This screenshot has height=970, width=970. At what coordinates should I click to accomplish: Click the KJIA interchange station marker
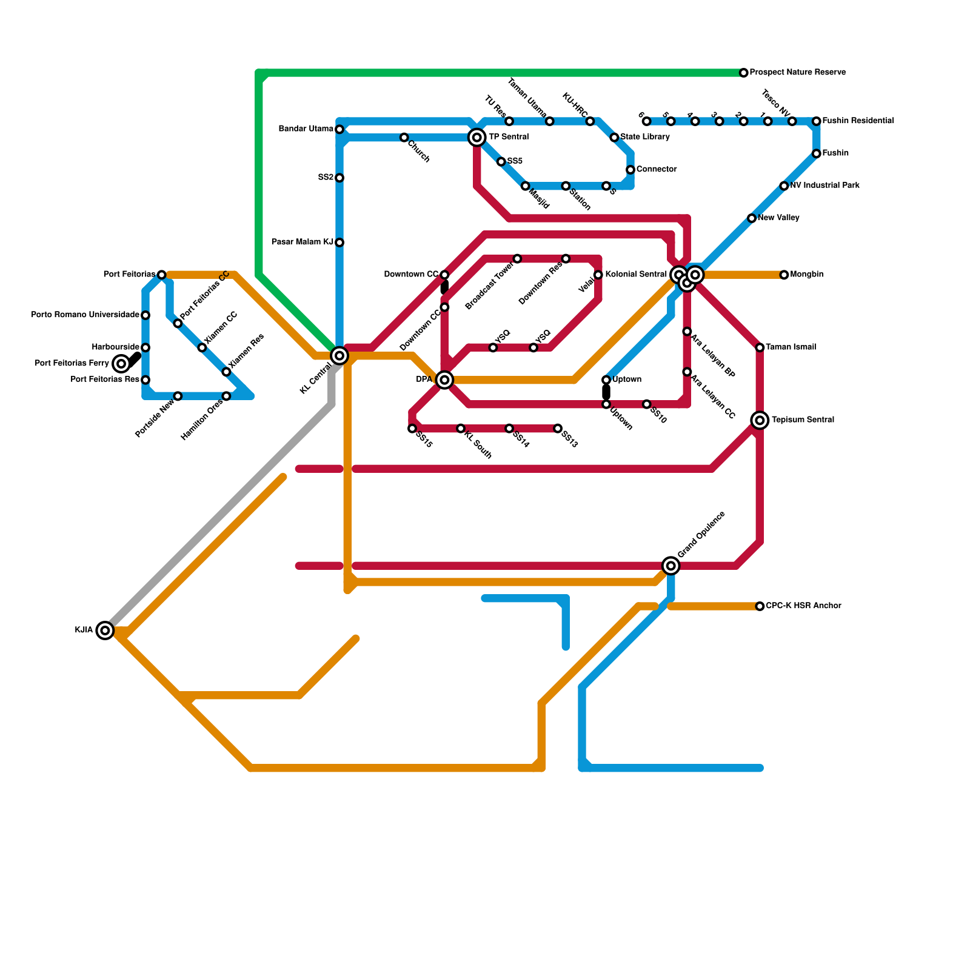pyautogui.click(x=105, y=630)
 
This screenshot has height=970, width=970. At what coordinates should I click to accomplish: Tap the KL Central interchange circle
pyautogui.click(x=339, y=355)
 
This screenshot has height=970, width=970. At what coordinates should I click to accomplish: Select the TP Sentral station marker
pyautogui.click(x=477, y=138)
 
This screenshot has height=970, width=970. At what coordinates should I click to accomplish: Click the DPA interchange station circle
pyautogui.click(x=444, y=380)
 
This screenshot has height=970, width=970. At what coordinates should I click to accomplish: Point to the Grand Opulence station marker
pyautogui.click(x=671, y=566)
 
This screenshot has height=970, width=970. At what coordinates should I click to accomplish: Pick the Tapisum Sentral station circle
pyautogui.click(x=760, y=420)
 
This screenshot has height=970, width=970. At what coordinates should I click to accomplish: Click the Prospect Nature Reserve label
pyautogui.click(x=797, y=73)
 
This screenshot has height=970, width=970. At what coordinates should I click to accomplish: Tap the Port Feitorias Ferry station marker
pyautogui.click(x=121, y=364)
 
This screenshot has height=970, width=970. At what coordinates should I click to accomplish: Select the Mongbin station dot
pyautogui.click(x=784, y=275)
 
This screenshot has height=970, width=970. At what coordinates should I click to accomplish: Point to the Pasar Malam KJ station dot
pyautogui.click(x=339, y=242)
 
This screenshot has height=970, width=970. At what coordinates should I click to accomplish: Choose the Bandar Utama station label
pyautogui.click(x=306, y=129)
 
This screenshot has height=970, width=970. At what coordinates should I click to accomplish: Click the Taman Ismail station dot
pyautogui.click(x=760, y=347)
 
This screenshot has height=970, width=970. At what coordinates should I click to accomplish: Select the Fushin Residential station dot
pyautogui.click(x=816, y=121)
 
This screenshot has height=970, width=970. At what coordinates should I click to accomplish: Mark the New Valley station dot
pyautogui.click(x=752, y=218)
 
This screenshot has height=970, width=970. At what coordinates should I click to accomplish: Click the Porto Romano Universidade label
pyautogui.click(x=85, y=315)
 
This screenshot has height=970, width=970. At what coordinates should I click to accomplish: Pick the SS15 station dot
pyautogui.click(x=412, y=429)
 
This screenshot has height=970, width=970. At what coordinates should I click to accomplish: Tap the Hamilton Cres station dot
pyautogui.click(x=226, y=396)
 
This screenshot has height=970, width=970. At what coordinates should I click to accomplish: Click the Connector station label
pyautogui.click(x=656, y=170)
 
